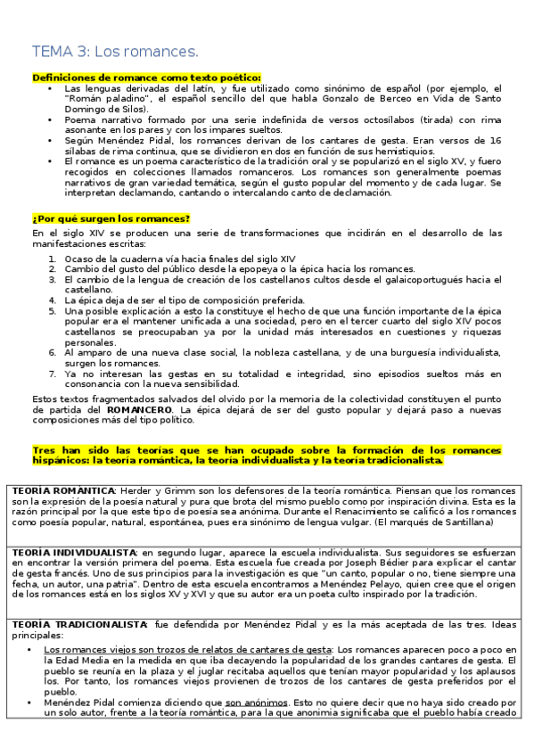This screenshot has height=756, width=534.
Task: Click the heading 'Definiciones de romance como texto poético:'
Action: (146, 78)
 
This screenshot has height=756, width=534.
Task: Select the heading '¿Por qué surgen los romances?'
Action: (111, 218)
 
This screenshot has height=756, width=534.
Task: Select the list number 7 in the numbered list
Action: (53, 374)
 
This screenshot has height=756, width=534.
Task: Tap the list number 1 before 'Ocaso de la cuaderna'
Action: (53, 259)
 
